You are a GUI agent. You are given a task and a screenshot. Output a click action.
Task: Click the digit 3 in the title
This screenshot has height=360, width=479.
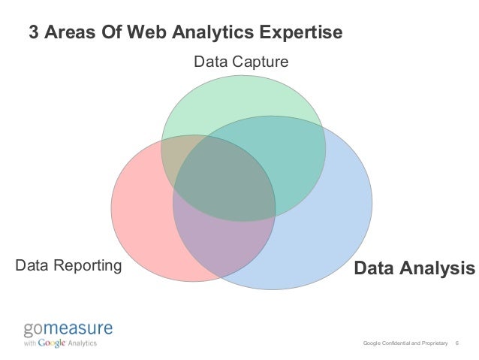[x=33, y=33]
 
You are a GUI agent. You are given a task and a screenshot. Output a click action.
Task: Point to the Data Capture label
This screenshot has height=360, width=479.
[x=241, y=61]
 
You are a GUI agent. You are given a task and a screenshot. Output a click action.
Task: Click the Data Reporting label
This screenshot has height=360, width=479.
[x=68, y=265]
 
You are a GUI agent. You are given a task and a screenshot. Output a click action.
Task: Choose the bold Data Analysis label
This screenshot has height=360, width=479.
[x=414, y=268]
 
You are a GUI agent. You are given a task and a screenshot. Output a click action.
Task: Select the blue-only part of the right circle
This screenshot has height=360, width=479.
[x=330, y=225]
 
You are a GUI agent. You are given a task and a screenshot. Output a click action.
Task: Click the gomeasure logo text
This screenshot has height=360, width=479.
[x=67, y=328]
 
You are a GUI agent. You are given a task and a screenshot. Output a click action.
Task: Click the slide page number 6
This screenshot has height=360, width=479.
[x=458, y=343]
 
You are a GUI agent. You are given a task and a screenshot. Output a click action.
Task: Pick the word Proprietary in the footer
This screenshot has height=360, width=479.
[x=435, y=343]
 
